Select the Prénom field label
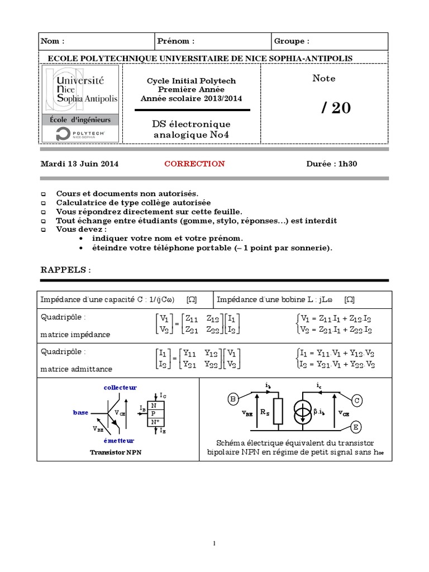coord(176,41)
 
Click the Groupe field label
coord(292,41)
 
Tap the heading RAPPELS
coord(65,270)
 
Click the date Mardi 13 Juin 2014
coord(80,164)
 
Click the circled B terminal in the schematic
coord(233,399)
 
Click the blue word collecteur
coord(120,387)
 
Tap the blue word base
coord(80,412)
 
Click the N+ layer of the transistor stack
coord(155,423)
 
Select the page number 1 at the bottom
coord(214,543)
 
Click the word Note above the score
coord(324,79)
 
